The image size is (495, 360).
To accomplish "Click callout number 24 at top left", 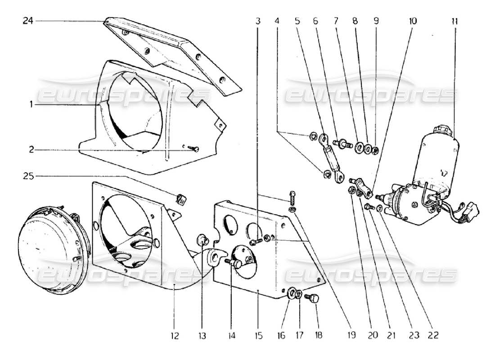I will [28, 21].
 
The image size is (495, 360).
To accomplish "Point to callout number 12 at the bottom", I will [175, 335].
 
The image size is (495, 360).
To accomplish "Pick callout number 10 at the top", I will [413, 21].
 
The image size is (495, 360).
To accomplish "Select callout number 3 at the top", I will [258, 21].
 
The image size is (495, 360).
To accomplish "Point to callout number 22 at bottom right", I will [433, 335].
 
